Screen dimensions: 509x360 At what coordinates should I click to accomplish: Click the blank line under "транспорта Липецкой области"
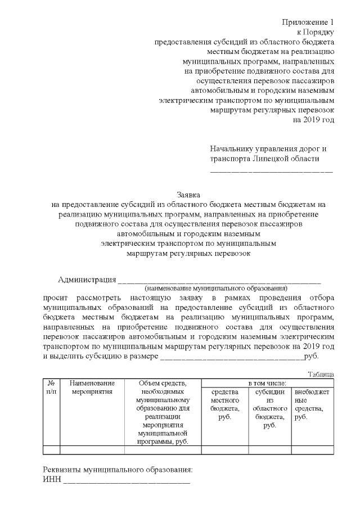point(271,170)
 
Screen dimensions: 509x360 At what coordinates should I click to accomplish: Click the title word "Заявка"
point(188,193)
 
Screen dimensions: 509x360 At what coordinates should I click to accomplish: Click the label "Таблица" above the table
point(321,374)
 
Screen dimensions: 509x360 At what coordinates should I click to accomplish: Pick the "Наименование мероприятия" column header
point(92,388)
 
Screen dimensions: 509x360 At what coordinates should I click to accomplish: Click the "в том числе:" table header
point(268,383)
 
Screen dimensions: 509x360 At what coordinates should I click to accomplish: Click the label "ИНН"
point(52,480)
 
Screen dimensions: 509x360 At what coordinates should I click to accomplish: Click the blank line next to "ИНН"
point(127,483)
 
